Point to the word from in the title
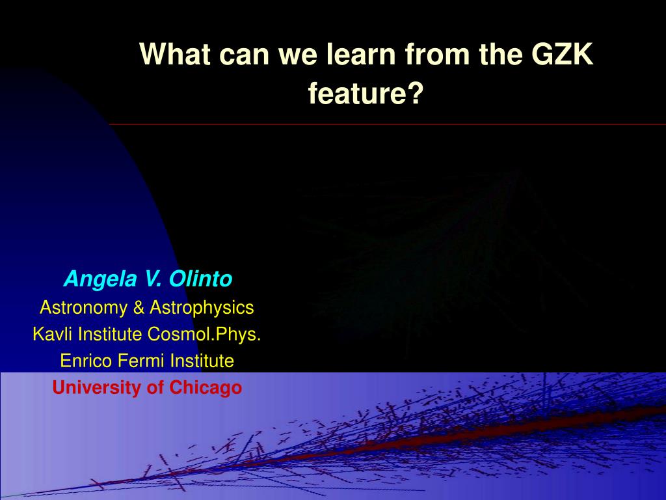[x=437, y=54]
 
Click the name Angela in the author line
[x=101, y=279]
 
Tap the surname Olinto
[x=200, y=279]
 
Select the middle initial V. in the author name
[x=153, y=279]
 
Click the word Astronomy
[x=83, y=308]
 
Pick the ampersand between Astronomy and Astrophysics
[x=139, y=307]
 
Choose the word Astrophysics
[x=202, y=308]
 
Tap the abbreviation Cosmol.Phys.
[x=204, y=335]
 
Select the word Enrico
[x=87, y=361]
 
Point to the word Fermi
[x=140, y=361]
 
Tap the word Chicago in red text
[x=206, y=388]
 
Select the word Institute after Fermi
[x=202, y=361]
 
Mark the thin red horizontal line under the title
[x=388, y=124]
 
